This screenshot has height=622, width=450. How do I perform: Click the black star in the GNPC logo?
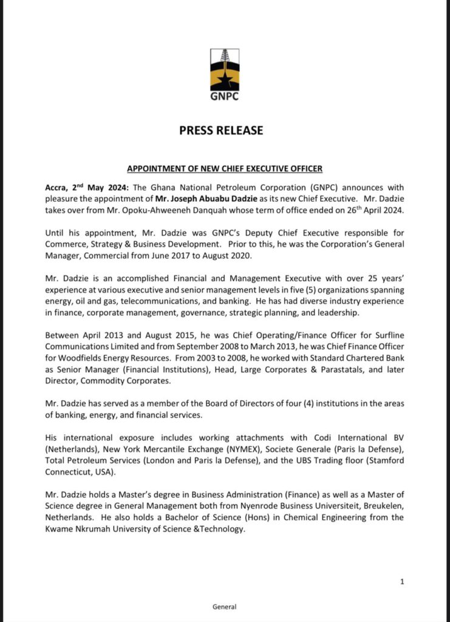point(225,78)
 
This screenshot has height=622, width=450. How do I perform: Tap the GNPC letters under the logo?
point(225,97)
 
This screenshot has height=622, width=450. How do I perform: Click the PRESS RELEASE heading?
point(225,130)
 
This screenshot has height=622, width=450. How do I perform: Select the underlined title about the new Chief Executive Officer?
point(225,169)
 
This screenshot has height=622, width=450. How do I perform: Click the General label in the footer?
point(225,606)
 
